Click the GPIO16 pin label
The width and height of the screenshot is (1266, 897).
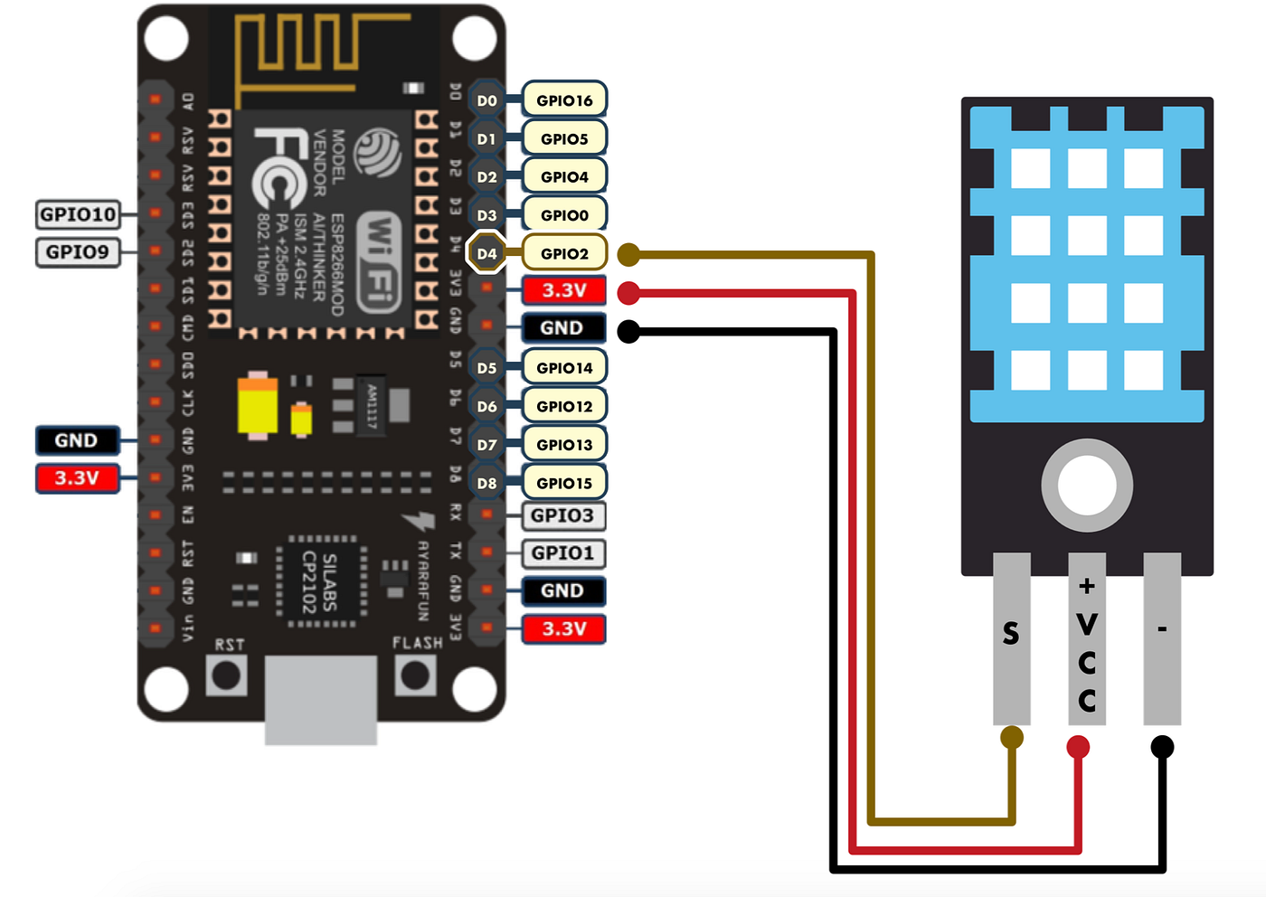[x=564, y=100]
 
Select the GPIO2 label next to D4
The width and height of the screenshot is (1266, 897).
[x=564, y=253]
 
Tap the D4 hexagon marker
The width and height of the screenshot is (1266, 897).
[x=487, y=253]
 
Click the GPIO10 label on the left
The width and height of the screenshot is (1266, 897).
[x=78, y=214]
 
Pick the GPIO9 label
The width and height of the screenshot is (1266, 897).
[x=78, y=252]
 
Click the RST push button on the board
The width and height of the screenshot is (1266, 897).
[x=226, y=675]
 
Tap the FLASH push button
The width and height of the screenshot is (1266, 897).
[x=415, y=675]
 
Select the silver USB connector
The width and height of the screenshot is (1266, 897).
[x=321, y=701]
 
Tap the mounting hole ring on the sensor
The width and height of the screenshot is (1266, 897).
[x=1087, y=486]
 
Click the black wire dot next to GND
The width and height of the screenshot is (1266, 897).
[x=628, y=331]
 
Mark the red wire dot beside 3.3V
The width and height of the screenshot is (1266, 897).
[x=628, y=292]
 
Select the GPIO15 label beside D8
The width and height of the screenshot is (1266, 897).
[x=564, y=483]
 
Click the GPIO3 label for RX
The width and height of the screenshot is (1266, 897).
[x=562, y=515]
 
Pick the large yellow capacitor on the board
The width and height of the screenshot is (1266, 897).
[x=258, y=407]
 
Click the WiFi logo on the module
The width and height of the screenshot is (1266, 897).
[x=379, y=262]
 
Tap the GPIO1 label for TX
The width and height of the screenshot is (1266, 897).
[x=562, y=552]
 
